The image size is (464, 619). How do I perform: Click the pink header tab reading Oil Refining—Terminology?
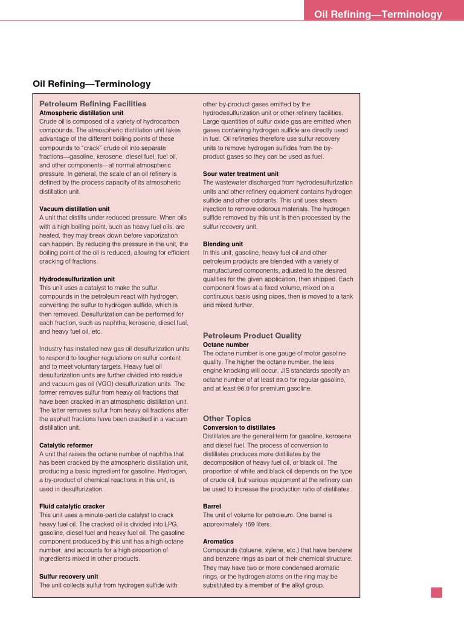coord(378,15)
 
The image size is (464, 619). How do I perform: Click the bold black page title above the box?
coord(92,84)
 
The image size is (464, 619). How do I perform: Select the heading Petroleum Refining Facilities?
coord(93,104)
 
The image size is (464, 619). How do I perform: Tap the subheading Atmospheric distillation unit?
coord(82,112)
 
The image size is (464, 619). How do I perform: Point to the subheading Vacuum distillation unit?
coord(74,209)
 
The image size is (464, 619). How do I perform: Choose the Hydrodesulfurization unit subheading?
coord(77,279)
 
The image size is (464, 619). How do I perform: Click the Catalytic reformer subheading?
coord(66,446)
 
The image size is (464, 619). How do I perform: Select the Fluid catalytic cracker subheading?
coord(72,507)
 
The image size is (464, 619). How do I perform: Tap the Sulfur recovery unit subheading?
coord(68,577)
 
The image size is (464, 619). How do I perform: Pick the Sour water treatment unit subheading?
coord(241,173)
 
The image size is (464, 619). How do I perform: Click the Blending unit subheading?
coord(223,244)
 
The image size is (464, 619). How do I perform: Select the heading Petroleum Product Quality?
coord(252,335)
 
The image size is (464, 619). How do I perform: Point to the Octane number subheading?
coord(226,345)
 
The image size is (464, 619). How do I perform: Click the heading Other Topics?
coord(227,418)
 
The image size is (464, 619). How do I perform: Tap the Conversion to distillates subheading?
coord(239,427)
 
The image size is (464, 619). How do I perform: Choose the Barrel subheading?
coord(212,506)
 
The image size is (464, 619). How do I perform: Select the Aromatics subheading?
coord(218,542)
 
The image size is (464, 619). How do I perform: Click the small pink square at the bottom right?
coord(436,592)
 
